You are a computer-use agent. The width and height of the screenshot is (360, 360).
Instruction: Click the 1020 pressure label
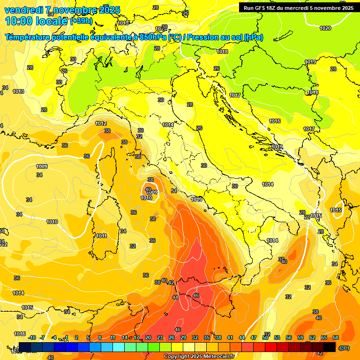coord(325,28)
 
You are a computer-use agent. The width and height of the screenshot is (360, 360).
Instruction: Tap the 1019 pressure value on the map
coord(310,62)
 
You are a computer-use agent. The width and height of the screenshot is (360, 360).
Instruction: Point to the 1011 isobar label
coord(101,236)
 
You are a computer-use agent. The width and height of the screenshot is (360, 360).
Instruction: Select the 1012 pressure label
coord(100,123)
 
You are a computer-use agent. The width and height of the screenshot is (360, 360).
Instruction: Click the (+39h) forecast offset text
coord(81,21)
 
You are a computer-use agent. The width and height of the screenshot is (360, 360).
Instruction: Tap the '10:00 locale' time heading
coord(36,21)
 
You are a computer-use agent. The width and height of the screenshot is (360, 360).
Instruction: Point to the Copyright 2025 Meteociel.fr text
coord(199,356)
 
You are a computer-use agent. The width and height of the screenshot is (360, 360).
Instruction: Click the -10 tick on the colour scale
coord(32,337)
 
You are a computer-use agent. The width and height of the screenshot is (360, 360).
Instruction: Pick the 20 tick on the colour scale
coord(148,337)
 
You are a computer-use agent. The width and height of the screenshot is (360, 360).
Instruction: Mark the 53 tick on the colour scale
coord(277,337)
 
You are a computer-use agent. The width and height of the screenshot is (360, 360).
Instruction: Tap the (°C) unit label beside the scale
coord(344,347)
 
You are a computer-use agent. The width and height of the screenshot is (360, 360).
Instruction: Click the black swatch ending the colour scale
coord(329,347)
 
